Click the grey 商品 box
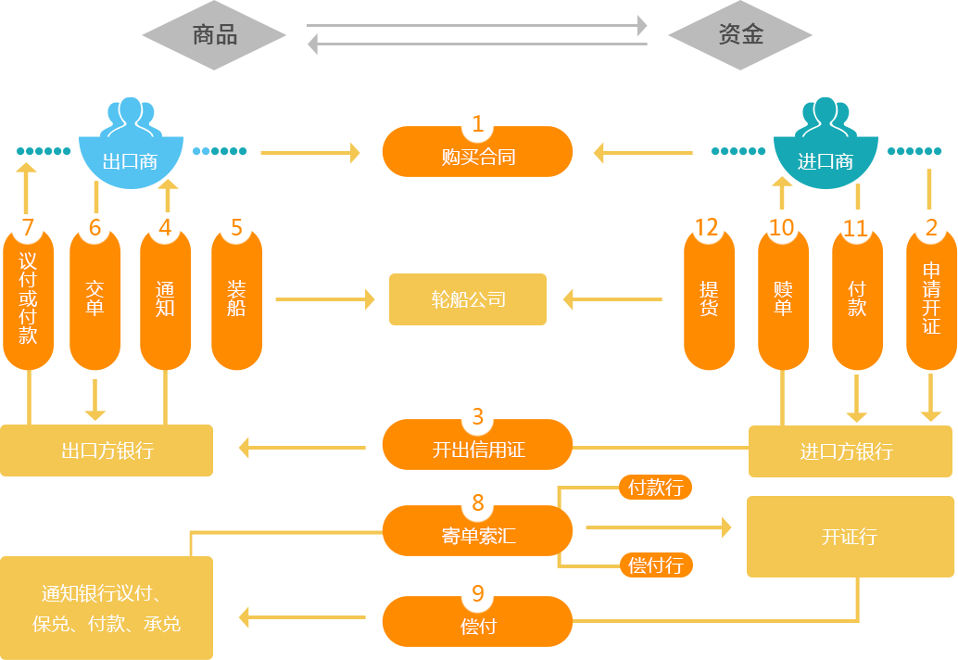(214, 35)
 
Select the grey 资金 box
(739, 35)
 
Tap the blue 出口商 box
(130, 150)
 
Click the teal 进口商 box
(825, 150)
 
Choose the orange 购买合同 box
(477, 152)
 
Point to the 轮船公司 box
(467, 298)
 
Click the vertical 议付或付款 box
(29, 298)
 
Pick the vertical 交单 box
(95, 298)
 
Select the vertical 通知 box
(166, 298)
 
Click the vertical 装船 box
(237, 298)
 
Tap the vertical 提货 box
(710, 298)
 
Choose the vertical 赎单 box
(784, 298)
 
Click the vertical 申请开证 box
(931, 298)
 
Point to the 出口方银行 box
(107, 451)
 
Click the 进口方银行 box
(850, 451)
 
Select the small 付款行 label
(655, 488)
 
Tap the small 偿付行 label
(656, 565)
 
